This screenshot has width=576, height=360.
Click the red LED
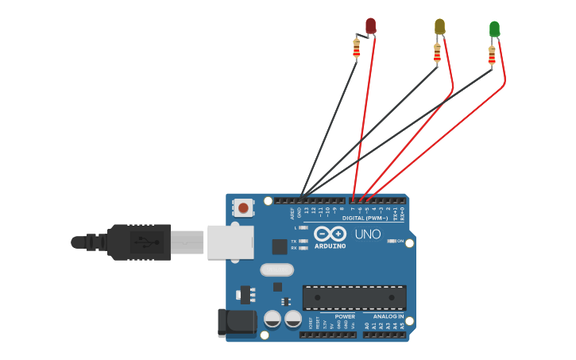click(370, 25)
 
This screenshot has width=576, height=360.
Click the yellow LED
click(439, 26)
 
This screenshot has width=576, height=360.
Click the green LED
click(494, 29)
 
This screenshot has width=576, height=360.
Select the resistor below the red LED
click(356, 48)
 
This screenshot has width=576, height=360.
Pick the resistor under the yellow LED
click(437, 53)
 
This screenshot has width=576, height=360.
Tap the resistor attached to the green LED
click(492, 55)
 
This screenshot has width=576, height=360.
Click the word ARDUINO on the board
click(330, 246)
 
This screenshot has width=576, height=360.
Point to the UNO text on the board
click(368, 234)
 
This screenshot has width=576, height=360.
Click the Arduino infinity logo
click(330, 234)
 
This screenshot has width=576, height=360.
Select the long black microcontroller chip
click(354, 297)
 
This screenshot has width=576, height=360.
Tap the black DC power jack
click(237, 322)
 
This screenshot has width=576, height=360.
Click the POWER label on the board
click(345, 316)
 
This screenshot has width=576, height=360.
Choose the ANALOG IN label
click(389, 316)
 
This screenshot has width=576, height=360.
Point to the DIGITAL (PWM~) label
click(365, 218)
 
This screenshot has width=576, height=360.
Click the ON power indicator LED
click(391, 241)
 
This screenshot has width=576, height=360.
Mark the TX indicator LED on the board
click(303, 241)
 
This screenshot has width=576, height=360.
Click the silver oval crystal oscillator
click(277, 270)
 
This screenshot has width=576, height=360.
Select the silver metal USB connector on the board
click(230, 242)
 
